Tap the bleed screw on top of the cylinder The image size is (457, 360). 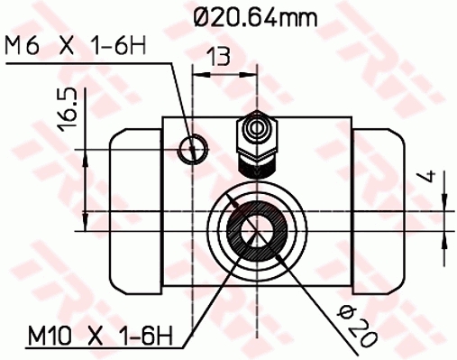pyautogui.click(x=257, y=141)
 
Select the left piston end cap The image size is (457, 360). pyautogui.click(x=135, y=207)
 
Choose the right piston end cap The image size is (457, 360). pyautogui.click(x=378, y=207)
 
